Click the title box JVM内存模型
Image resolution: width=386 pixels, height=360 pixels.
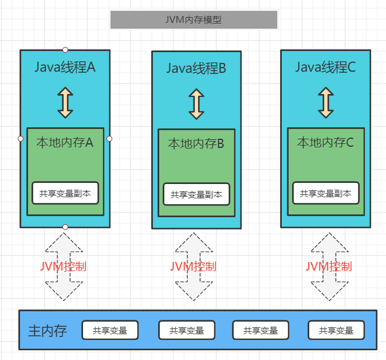pyautogui.click(x=194, y=19)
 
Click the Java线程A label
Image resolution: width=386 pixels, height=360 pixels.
pyautogui.click(x=65, y=68)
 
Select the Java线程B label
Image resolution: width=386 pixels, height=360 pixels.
pyautogui.click(x=196, y=69)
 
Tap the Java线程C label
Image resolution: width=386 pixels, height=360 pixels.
pyautogui.click(x=325, y=68)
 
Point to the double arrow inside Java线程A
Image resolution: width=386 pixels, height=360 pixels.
pyautogui.click(x=65, y=103)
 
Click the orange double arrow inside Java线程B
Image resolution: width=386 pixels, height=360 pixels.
pyautogui.click(x=196, y=104)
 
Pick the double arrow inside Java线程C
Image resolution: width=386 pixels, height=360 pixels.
pyautogui.click(x=326, y=103)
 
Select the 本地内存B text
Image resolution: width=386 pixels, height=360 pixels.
pyautogui.click(x=196, y=144)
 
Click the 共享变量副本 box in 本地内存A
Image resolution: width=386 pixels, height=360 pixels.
pyautogui.click(x=65, y=193)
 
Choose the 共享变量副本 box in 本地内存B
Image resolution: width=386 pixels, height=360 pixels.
pyautogui.click(x=196, y=194)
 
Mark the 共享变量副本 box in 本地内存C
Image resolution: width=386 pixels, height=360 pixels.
pyautogui.click(x=326, y=193)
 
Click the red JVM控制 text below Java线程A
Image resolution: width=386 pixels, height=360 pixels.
pyautogui.click(x=63, y=267)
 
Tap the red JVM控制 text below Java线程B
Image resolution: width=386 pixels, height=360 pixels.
pyautogui.click(x=194, y=267)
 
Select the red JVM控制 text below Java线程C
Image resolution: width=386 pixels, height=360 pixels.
pyautogui.click(x=328, y=267)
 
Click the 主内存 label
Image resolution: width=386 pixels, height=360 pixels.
pyautogui.click(x=48, y=331)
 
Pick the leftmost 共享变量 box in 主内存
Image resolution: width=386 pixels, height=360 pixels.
pyautogui.click(x=110, y=330)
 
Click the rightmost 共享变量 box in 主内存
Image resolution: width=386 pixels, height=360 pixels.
pyautogui.click(x=336, y=330)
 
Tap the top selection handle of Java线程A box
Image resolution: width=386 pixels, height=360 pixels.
pyautogui.click(x=65, y=50)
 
